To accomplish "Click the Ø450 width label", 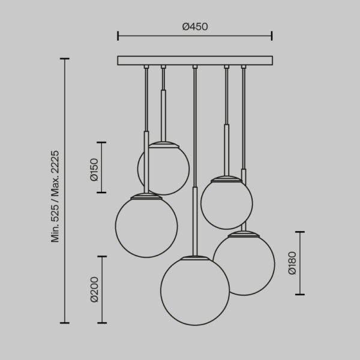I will tap(195, 26).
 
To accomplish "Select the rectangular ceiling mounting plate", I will tap(195, 61).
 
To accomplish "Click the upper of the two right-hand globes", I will tap(226, 203).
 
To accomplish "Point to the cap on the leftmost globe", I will tap(146, 196).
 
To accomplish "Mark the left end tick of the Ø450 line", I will tap(118, 37).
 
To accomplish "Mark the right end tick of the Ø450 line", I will tap(272, 37).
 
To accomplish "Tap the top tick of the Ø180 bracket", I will tap(299, 232).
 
